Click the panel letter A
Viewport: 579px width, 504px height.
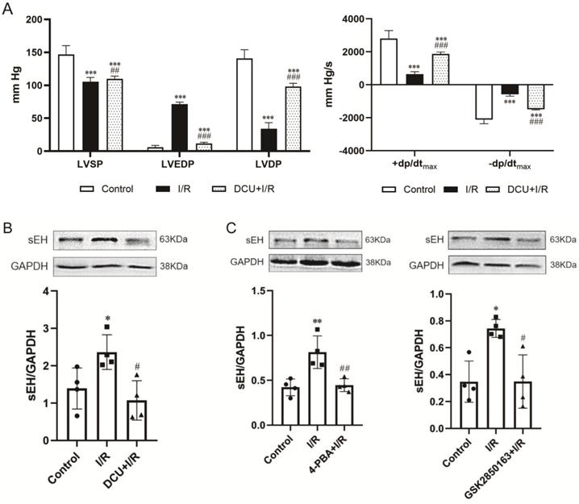pyautogui.click(x=7, y=7)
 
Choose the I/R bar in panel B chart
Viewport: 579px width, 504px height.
pyautogui.click(x=107, y=385)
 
